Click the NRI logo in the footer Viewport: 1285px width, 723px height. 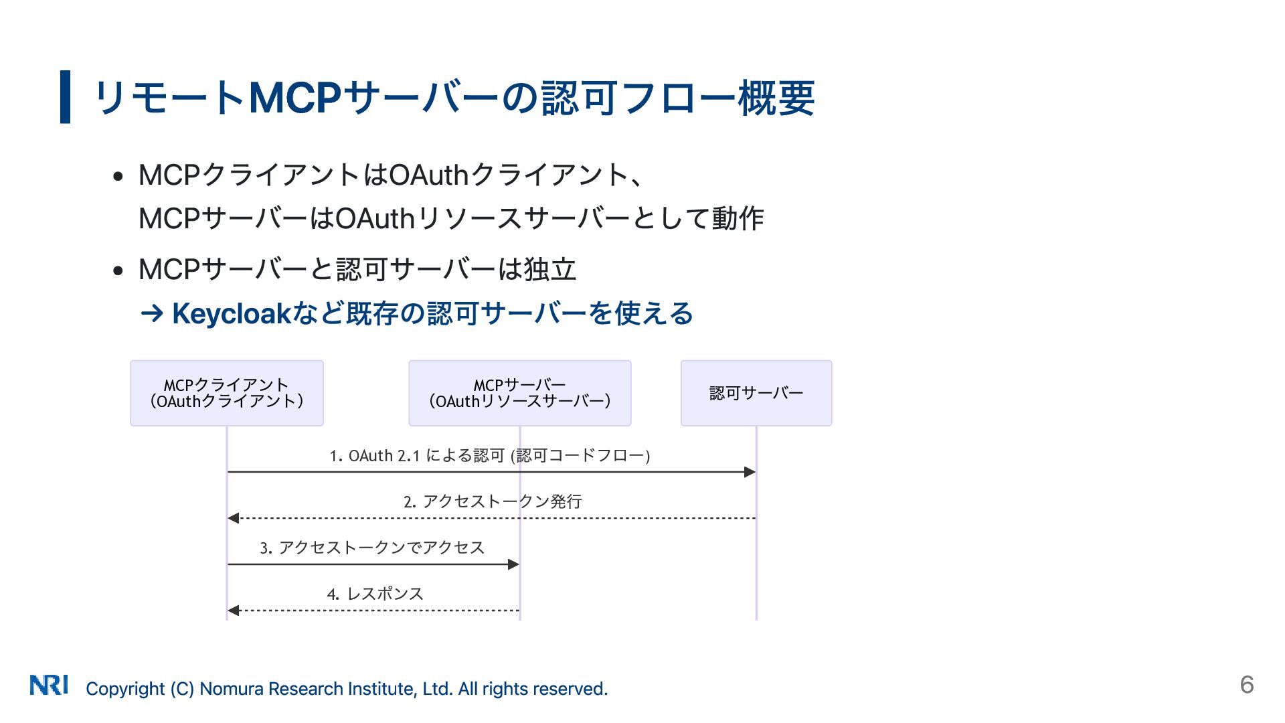pyautogui.click(x=49, y=685)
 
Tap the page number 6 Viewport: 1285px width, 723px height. pyautogui.click(x=1246, y=684)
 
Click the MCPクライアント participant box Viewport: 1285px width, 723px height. pyautogui.click(x=227, y=393)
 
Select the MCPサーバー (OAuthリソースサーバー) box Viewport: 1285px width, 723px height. pyautogui.click(x=519, y=393)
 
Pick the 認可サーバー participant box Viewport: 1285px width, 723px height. pyautogui.click(x=756, y=393)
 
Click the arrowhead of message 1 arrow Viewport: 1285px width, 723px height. pyautogui.click(x=750, y=472)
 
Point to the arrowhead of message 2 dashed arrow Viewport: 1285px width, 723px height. pyautogui.click(x=234, y=518)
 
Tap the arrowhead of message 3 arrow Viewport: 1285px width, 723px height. pyautogui.click(x=513, y=564)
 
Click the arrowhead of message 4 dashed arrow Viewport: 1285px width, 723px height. pyautogui.click(x=234, y=611)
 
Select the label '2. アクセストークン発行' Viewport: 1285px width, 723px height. pyautogui.click(x=493, y=501)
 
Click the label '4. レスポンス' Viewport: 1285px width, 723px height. pyautogui.click(x=375, y=594)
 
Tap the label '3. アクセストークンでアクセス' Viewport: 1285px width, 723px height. pyautogui.click(x=372, y=548)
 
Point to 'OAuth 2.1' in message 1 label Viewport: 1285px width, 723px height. pyautogui.click(x=384, y=456)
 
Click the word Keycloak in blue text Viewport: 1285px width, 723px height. pyautogui.click(x=231, y=313)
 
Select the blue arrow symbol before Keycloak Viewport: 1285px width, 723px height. pyautogui.click(x=152, y=313)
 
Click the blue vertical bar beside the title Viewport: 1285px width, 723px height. pyautogui.click(x=65, y=97)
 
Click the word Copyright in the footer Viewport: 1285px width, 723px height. pyautogui.click(x=125, y=689)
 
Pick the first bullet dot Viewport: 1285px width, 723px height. pyautogui.click(x=118, y=177)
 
